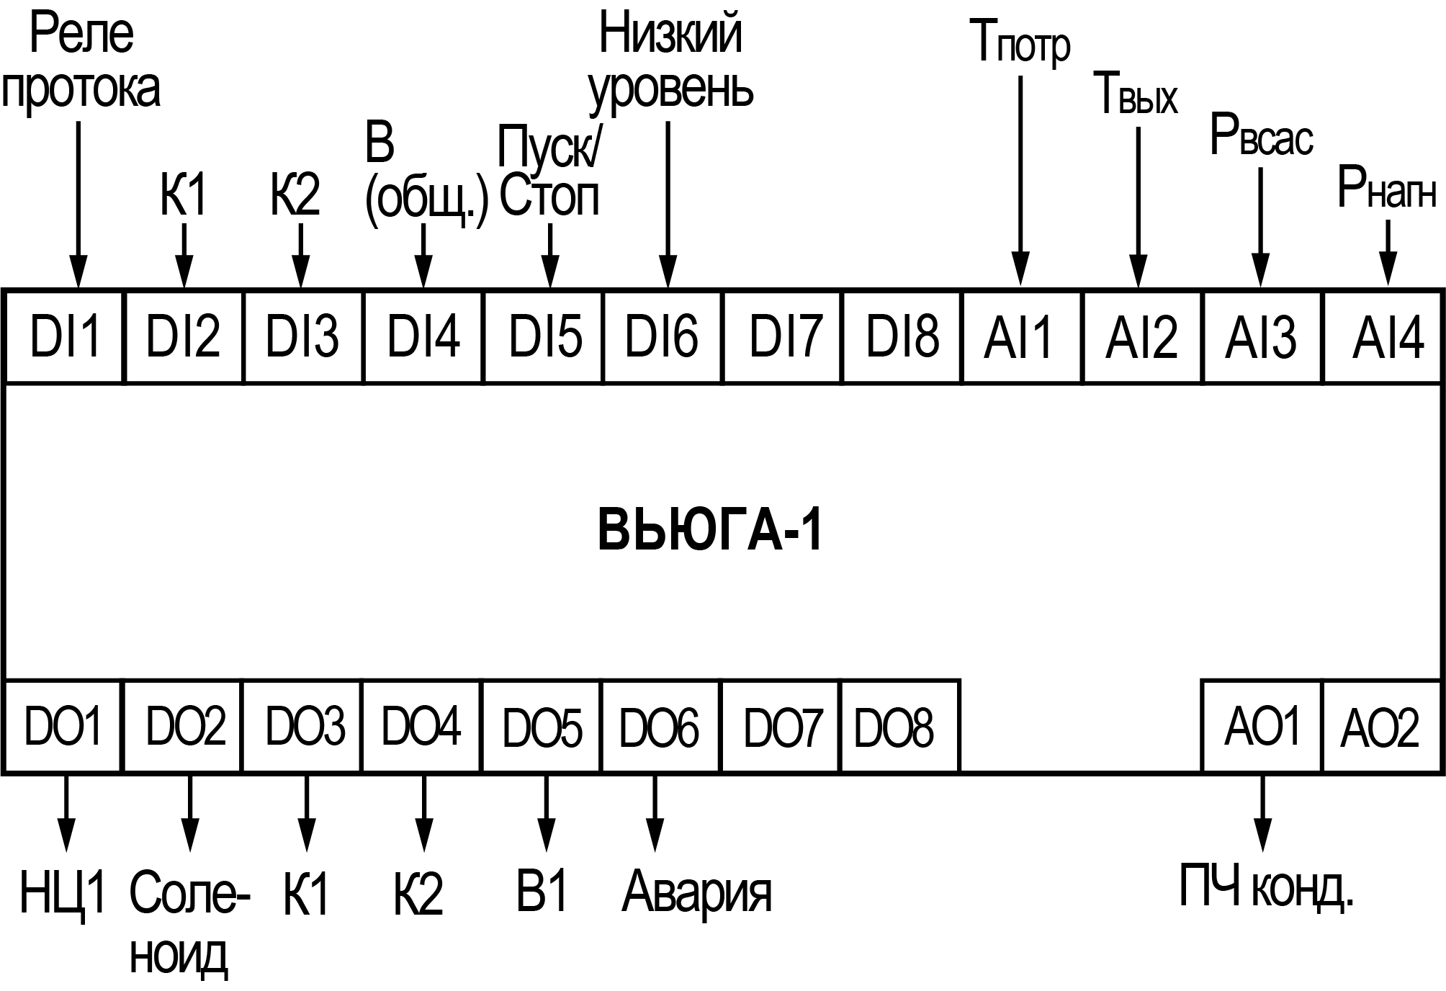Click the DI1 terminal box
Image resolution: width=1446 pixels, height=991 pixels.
point(64,336)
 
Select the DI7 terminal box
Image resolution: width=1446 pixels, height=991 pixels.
point(783,336)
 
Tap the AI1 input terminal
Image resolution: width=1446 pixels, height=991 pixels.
point(1021,336)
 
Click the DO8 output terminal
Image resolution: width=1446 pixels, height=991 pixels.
point(899,726)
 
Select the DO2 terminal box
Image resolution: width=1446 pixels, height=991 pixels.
point(184,726)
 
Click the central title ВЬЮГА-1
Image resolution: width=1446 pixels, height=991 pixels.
point(709,532)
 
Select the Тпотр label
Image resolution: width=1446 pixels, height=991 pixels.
point(1020,42)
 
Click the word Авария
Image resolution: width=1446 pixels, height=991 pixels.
point(696,892)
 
